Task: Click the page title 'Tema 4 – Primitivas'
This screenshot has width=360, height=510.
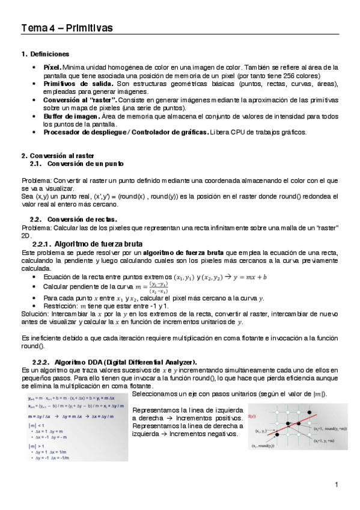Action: click(67, 28)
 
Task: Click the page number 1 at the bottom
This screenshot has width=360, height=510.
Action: click(337, 484)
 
